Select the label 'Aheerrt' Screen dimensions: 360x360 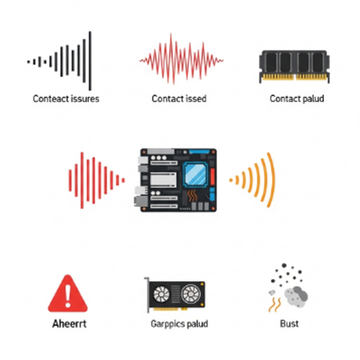point(69,324)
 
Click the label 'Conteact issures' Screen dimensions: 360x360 point(66,99)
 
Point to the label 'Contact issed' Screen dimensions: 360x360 point(179,99)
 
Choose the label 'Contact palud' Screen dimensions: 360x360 point(297,99)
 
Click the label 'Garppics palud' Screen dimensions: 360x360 point(179,324)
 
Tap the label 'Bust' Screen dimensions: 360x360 point(289,324)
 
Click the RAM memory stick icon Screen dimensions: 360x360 point(294,66)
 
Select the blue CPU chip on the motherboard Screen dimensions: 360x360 point(195,173)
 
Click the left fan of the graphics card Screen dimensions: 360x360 point(161,294)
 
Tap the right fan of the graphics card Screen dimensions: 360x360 point(191,294)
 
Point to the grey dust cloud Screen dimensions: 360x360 point(296,297)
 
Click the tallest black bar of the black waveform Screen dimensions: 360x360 point(90,61)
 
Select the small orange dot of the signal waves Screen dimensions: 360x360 point(231,180)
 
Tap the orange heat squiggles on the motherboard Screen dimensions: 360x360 point(192,195)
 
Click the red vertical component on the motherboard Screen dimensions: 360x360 point(212,176)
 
